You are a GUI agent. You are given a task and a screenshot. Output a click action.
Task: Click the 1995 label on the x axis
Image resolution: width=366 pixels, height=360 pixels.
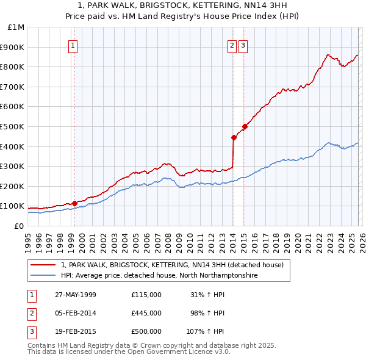pyautogui.click(x=28, y=237)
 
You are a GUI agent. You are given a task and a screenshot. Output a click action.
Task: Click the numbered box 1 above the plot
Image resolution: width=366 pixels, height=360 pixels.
pyautogui.click(x=73, y=45)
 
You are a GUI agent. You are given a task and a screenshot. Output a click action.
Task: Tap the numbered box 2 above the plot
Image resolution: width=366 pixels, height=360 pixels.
pyautogui.click(x=232, y=45)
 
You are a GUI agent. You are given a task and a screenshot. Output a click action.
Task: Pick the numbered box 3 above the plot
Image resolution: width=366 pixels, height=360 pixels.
pyautogui.click(x=243, y=45)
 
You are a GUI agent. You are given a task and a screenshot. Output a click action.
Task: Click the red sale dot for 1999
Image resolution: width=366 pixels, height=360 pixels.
pyautogui.click(x=74, y=203)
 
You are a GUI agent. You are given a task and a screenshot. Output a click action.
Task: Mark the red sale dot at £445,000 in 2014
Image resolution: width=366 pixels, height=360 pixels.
pyautogui.click(x=234, y=137)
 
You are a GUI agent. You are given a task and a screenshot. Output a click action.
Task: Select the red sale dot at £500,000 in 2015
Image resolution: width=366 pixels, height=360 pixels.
pyautogui.click(x=244, y=126)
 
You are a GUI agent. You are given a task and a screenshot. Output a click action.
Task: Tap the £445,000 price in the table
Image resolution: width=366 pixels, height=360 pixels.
pyautogui.click(x=146, y=313)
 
